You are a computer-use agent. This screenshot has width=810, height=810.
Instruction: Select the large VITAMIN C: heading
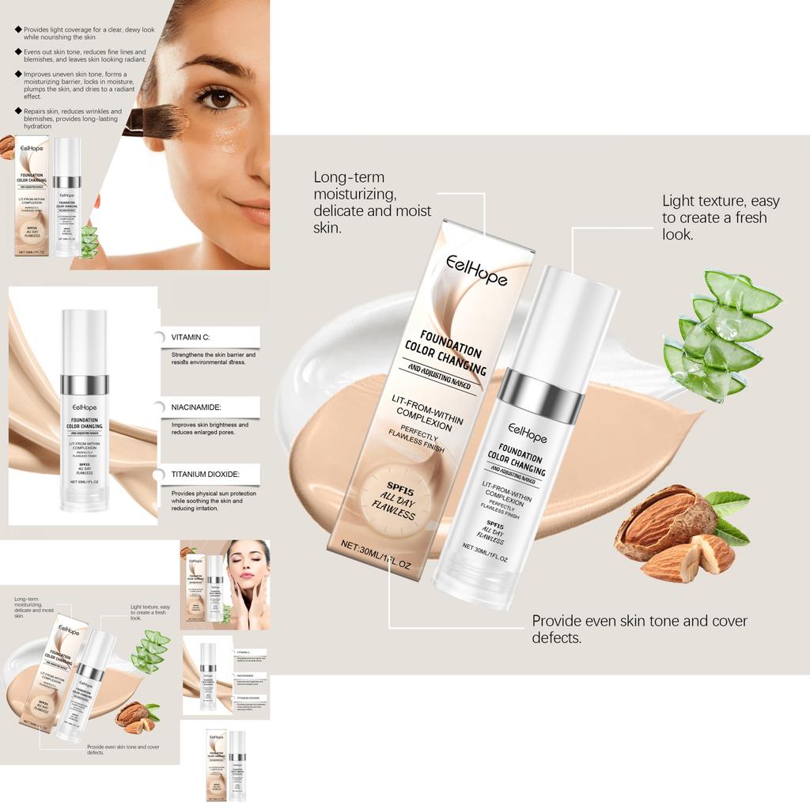[x=191, y=337]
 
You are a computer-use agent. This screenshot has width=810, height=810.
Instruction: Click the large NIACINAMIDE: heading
[x=196, y=407]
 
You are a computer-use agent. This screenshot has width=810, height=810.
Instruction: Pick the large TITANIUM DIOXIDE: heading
[x=205, y=475]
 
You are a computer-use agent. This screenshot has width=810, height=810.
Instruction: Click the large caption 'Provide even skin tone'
[x=639, y=629]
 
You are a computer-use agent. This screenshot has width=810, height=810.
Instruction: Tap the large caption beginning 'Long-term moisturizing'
[x=373, y=202]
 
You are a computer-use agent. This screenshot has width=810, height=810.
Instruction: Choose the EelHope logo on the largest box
[x=476, y=269]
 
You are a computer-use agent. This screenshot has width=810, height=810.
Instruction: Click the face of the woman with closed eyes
[x=248, y=566]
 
